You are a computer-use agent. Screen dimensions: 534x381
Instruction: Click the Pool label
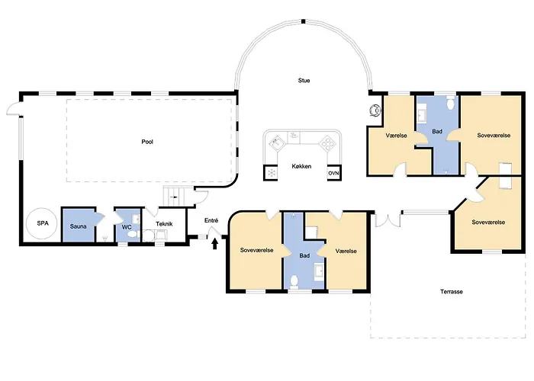click(x=147, y=142)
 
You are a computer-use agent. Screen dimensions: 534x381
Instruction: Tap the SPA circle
click(x=42, y=224)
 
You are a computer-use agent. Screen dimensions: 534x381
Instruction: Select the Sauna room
click(x=79, y=225)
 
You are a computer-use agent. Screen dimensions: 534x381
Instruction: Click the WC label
click(x=127, y=227)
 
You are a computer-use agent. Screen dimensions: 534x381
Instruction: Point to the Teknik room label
click(x=164, y=224)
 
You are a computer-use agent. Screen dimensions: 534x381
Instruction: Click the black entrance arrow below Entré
click(x=215, y=244)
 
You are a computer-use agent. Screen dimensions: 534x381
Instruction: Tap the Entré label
click(x=211, y=220)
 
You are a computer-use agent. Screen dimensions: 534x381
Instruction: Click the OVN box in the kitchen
click(x=334, y=173)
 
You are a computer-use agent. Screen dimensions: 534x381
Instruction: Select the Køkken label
click(x=301, y=166)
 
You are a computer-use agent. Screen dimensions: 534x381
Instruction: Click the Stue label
click(x=304, y=81)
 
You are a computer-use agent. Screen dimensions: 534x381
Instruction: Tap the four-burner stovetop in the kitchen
click(x=328, y=143)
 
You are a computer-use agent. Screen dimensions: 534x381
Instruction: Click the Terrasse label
click(x=452, y=292)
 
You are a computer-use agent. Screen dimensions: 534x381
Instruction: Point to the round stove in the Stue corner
click(x=375, y=110)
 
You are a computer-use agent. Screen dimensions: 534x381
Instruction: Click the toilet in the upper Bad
click(x=451, y=102)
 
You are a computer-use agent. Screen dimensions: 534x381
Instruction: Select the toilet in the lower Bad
click(x=294, y=283)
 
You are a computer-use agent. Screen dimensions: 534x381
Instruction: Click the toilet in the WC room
click(x=132, y=235)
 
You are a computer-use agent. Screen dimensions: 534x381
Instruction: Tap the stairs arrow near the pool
click(x=174, y=197)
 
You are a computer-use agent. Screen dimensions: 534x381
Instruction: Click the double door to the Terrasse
click(x=388, y=219)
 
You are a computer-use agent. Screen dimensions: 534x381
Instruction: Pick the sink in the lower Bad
click(x=320, y=271)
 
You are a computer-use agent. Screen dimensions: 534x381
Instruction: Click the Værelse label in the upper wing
click(x=397, y=136)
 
